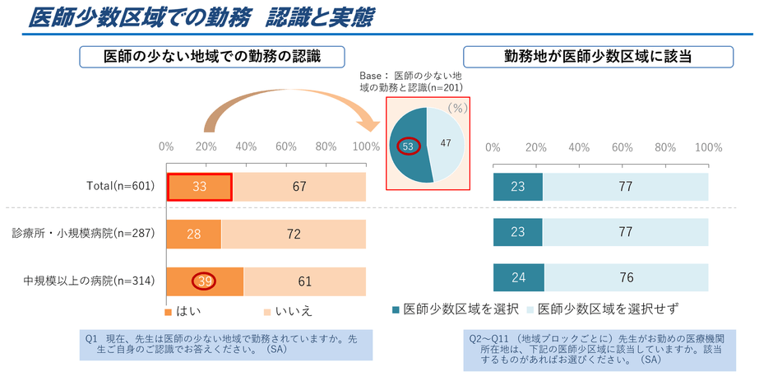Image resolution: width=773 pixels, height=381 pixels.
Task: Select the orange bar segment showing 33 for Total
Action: coord(199,187)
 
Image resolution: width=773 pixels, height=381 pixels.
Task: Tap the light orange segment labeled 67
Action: coord(299,187)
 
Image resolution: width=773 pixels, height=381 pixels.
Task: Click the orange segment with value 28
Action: coord(193,235)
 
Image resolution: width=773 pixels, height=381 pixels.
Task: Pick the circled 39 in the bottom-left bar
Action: coord(205,281)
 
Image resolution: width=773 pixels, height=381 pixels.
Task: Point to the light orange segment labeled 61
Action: coord(304,281)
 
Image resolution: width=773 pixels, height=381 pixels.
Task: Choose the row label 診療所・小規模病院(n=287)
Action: coord(83,235)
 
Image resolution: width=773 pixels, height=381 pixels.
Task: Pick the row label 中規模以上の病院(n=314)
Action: coord(89,281)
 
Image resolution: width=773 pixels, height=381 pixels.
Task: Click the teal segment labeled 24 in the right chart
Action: coord(518,277)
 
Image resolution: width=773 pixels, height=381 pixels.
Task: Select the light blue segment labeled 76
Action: coord(626,277)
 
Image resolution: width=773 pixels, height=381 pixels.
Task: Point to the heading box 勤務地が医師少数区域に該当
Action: coord(599,57)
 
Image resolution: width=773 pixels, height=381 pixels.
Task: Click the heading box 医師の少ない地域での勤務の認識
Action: coord(211,57)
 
